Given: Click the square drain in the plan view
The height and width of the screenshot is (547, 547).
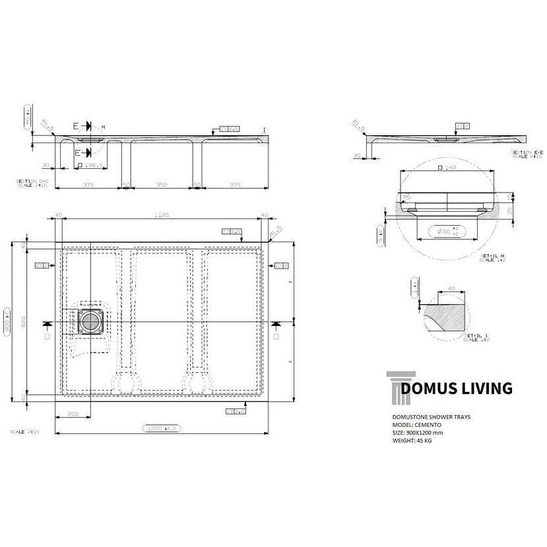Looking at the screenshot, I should (90, 322).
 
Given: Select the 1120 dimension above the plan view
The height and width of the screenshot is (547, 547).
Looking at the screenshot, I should (163, 215).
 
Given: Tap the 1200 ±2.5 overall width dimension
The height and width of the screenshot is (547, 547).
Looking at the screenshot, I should (162, 428).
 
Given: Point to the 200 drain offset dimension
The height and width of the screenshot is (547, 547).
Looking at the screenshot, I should (73, 414).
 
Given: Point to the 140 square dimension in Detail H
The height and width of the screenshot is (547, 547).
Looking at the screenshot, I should (448, 169).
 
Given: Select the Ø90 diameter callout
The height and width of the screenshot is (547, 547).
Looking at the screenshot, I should (438, 232).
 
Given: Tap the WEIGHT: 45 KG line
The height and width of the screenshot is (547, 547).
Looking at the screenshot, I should (415, 440).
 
